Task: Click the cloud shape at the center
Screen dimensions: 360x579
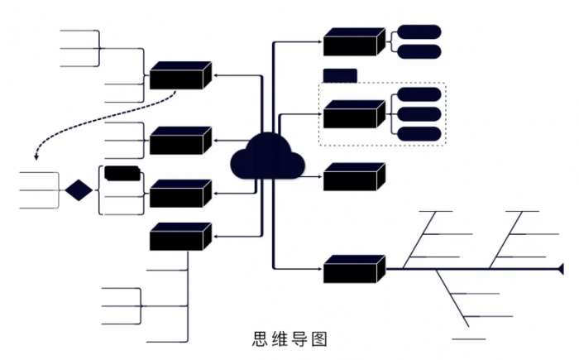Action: [267, 157]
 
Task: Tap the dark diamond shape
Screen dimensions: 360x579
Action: [79, 190]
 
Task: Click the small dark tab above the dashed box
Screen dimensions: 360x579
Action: [339, 75]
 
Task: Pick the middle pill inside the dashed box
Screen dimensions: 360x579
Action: [419, 114]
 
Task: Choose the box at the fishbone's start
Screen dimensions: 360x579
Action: [354, 269]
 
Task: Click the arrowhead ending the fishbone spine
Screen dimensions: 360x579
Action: [562, 268]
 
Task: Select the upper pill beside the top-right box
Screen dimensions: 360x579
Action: [419, 32]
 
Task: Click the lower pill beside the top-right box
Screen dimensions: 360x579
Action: [419, 51]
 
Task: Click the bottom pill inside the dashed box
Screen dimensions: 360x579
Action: [419, 134]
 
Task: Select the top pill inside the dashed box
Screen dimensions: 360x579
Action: [419, 94]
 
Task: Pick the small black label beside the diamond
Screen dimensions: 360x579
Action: [122, 173]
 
